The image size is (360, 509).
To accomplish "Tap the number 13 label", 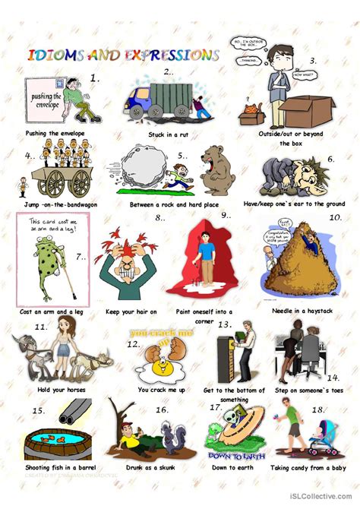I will point(224,324).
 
